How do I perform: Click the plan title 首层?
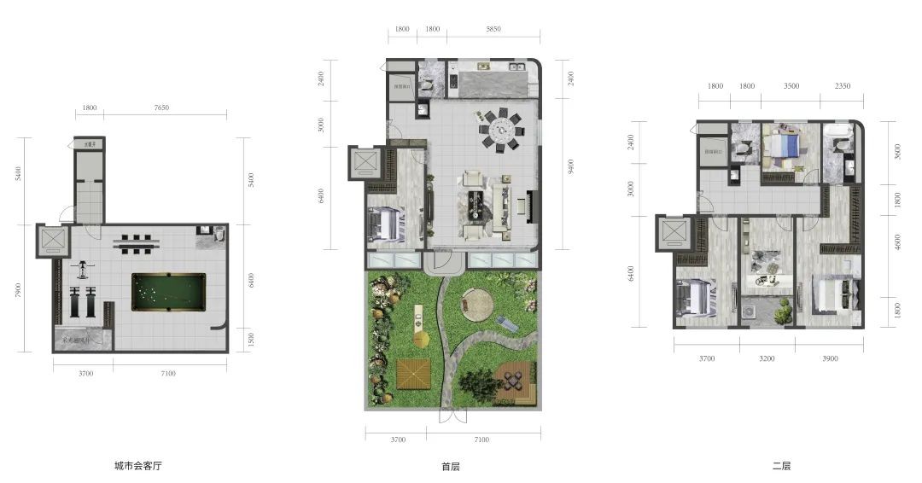[451, 467]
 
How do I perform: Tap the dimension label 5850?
[493, 29]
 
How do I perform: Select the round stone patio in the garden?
[477, 303]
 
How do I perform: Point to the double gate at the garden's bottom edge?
[452, 416]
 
